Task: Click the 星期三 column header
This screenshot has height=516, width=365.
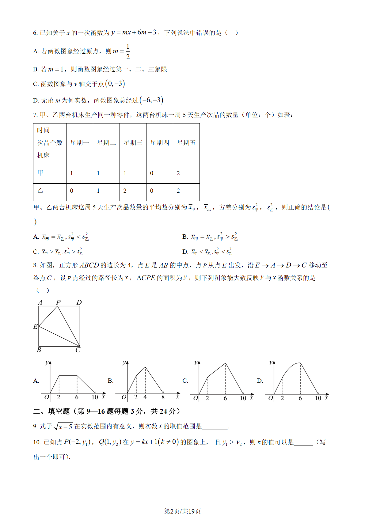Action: coord(133,143)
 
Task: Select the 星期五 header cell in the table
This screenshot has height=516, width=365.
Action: coord(186,143)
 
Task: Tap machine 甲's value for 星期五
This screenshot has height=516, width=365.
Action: coord(178,173)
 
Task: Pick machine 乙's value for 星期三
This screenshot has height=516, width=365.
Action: coord(125,191)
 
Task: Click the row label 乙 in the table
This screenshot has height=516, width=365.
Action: coord(40,191)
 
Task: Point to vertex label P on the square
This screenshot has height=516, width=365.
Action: coord(58,302)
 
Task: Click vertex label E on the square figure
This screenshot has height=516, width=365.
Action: coord(35,327)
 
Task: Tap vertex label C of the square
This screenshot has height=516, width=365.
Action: coord(78,350)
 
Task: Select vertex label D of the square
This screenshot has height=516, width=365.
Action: coord(79,302)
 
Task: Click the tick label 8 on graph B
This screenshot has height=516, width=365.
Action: coord(163,397)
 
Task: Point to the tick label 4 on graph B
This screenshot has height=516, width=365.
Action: coord(145,397)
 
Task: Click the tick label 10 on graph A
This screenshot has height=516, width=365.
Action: coord(95,397)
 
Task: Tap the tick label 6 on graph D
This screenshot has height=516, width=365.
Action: coord(300,398)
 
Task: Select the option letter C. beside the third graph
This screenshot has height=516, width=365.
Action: coord(185,381)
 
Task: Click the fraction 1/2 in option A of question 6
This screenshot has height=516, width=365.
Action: coord(128,51)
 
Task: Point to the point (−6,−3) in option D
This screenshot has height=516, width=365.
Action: coord(151,100)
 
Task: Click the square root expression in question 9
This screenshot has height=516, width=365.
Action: coord(63,426)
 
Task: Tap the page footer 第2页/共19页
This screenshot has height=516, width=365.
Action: coord(183,511)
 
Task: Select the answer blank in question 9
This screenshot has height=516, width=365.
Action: coord(215,427)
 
